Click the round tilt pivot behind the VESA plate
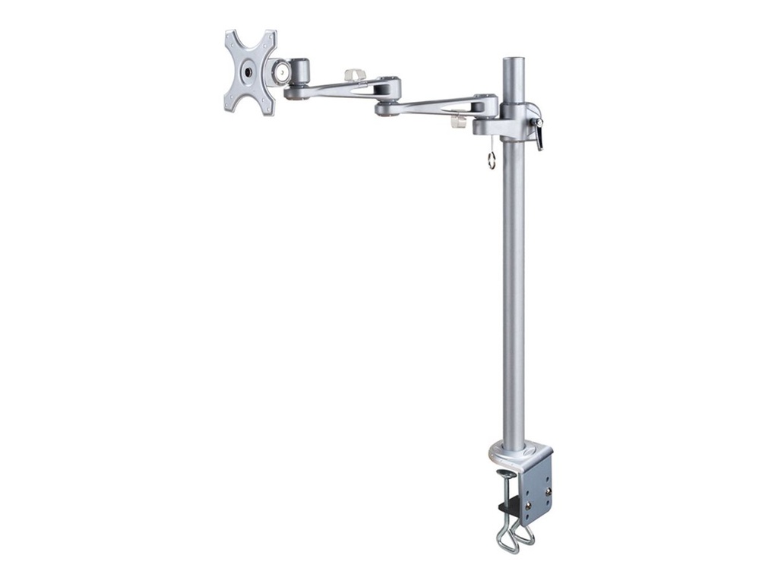tap(283, 72)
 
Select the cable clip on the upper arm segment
tap(355, 75)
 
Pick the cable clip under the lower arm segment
tap(459, 122)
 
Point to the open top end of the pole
tap(513, 59)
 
